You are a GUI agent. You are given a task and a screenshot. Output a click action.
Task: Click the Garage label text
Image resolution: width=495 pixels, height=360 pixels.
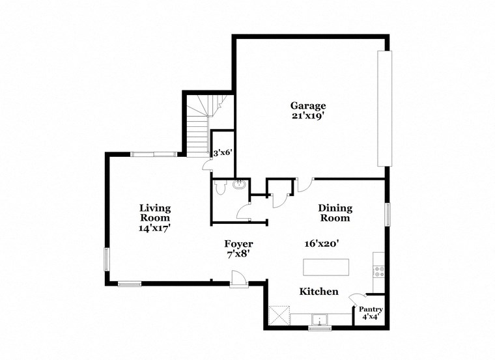307,105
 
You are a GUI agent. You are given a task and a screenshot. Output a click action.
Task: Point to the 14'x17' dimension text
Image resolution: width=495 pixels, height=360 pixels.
155,228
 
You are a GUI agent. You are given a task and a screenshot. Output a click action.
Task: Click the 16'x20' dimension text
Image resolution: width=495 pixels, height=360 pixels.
321,243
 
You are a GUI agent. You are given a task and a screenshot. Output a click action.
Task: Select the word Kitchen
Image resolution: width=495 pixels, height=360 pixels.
318,292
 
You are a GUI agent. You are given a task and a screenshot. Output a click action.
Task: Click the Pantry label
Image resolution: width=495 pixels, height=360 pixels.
371,310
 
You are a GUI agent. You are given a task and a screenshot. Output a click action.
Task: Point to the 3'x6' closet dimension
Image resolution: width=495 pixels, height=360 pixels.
223,152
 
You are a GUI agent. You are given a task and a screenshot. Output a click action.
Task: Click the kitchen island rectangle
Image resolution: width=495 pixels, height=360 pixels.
326,267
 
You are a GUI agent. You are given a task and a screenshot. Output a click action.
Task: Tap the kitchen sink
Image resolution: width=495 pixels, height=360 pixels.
319,319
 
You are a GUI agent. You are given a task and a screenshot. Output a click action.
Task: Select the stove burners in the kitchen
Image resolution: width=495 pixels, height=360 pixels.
379,271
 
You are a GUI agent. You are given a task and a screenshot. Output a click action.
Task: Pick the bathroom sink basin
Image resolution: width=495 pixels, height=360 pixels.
239,184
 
